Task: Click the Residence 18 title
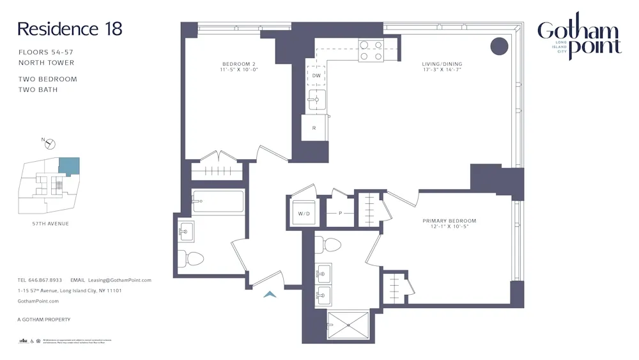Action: click(70, 29)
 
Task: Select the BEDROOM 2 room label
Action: click(240, 67)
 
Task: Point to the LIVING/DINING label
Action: click(442, 67)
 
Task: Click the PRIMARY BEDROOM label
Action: click(449, 224)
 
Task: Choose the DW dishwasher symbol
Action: click(316, 75)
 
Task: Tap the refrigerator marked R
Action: click(314, 128)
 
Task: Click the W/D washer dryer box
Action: click(300, 213)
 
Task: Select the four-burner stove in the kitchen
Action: click(371, 51)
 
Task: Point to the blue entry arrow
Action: click(270, 294)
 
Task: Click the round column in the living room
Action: click(499, 46)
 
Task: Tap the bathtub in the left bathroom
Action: click(219, 201)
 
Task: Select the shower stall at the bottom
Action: click(348, 325)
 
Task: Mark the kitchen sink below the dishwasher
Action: click(317, 100)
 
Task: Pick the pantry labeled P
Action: click(340, 213)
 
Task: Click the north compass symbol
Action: click(49, 143)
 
